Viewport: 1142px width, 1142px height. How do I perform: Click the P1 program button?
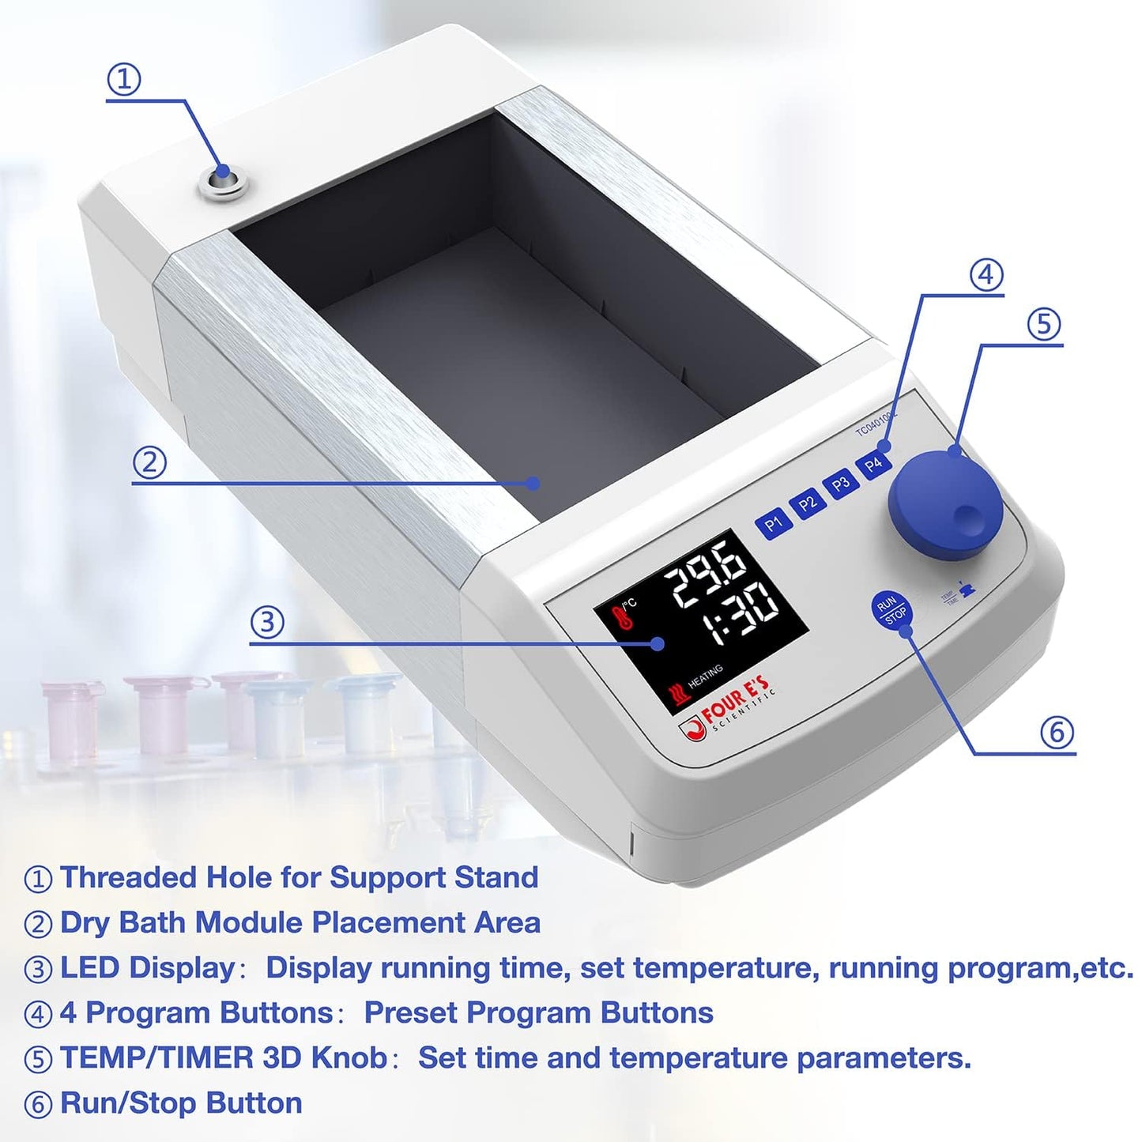(773, 522)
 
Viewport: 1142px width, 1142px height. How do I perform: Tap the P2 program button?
(807, 503)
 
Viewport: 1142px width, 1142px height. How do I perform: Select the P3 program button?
(840, 484)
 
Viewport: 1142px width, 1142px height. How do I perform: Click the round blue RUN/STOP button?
(891, 609)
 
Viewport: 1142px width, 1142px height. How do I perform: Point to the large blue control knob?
(945, 504)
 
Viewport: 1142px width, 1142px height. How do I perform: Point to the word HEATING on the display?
(705, 677)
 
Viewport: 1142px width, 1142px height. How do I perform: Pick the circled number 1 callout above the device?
(124, 79)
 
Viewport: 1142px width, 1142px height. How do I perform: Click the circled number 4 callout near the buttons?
(986, 275)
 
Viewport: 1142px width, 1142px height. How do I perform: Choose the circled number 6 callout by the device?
(1057, 733)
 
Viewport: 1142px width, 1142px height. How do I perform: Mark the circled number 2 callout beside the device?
(149, 462)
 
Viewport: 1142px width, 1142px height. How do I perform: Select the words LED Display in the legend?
(148, 967)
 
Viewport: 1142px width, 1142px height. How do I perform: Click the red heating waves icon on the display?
(679, 694)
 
